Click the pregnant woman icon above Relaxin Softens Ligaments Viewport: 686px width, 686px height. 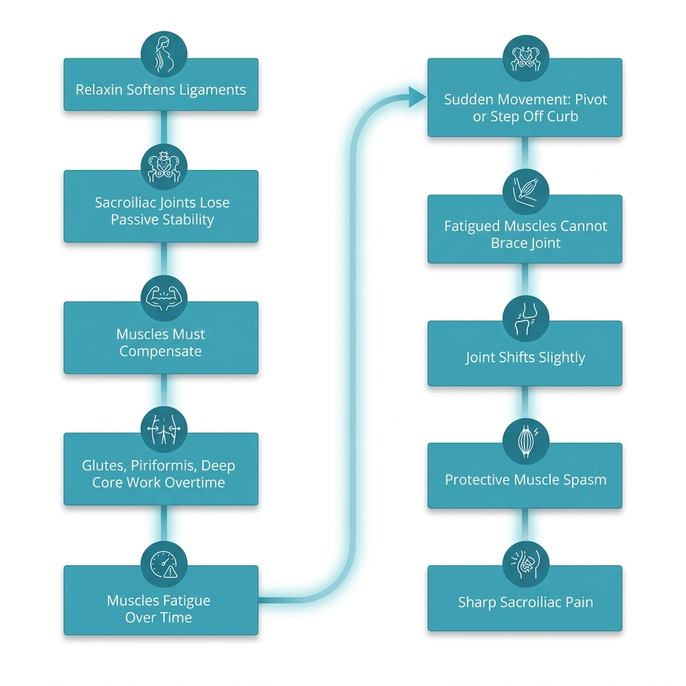point(164,54)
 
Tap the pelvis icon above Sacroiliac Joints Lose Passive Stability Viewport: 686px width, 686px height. point(164,167)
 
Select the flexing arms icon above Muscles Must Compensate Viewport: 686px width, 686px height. point(164,298)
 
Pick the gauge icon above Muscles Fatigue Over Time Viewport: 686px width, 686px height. point(164,564)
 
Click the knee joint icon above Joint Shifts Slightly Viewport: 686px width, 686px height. point(525,318)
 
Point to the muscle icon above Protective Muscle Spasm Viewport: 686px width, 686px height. point(525,441)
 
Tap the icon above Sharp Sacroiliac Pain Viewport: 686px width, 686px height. point(525,563)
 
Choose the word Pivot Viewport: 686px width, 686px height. point(591,99)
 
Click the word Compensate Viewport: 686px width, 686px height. point(161,351)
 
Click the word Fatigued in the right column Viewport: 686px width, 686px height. point(472,226)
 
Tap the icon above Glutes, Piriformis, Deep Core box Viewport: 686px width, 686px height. point(164,429)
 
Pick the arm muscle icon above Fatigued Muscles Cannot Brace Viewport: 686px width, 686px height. point(525,192)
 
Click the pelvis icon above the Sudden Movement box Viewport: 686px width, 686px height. point(525,59)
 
